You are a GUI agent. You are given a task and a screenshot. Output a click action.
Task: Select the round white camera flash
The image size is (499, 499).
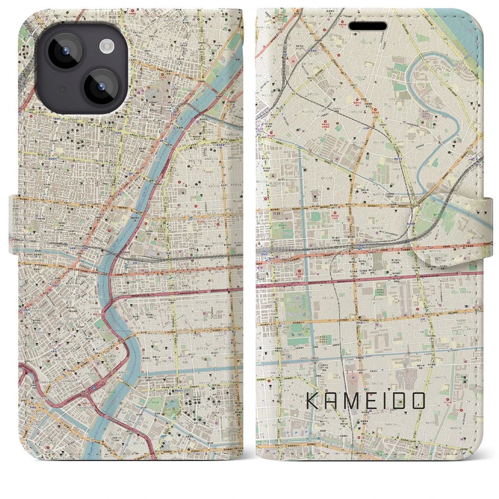pos(106,47)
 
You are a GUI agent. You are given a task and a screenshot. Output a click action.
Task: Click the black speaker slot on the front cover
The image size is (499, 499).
pos(367,26)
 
